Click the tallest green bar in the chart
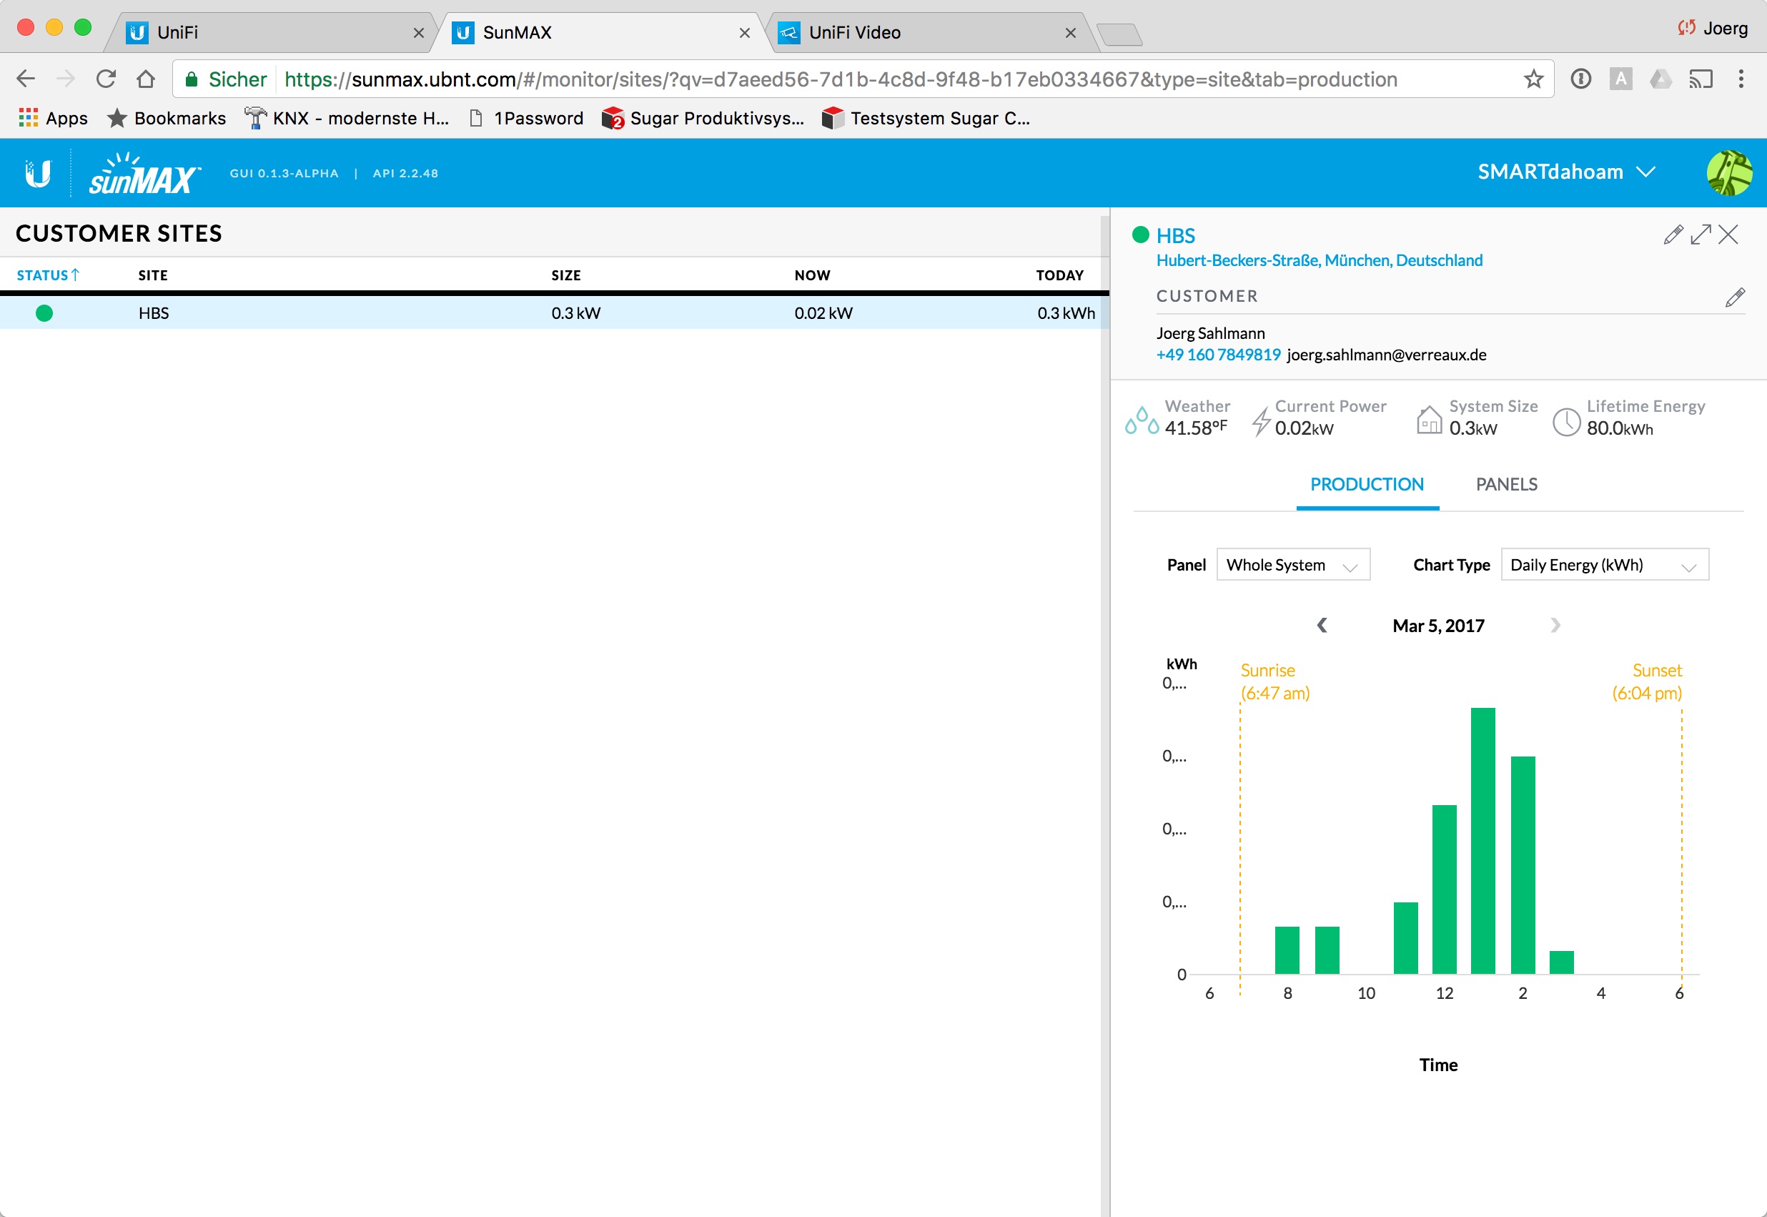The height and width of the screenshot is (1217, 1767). click(1483, 840)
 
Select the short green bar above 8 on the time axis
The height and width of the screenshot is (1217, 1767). click(1287, 950)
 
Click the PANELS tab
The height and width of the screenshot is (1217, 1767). click(1506, 484)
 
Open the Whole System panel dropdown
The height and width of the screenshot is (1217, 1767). click(1293, 564)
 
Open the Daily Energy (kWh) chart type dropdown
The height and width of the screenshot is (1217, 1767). click(1605, 564)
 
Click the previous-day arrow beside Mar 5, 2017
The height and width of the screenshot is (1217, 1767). click(1322, 625)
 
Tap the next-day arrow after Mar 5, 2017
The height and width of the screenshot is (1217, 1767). click(1555, 625)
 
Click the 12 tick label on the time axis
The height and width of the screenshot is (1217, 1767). click(1445, 992)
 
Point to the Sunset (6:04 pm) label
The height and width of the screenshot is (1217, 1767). click(1647, 681)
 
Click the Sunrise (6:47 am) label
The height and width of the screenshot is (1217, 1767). click(1274, 681)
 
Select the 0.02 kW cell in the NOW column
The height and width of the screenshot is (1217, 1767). click(823, 312)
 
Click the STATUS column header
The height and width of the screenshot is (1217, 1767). click(47, 275)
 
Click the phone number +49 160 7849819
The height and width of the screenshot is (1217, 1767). click(1218, 355)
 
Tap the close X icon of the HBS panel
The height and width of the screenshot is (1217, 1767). click(1728, 234)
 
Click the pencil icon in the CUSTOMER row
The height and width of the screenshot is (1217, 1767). click(1735, 297)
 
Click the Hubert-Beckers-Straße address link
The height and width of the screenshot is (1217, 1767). click(1319, 260)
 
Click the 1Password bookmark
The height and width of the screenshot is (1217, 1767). click(528, 118)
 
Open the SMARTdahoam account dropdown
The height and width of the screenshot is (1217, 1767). click(1565, 172)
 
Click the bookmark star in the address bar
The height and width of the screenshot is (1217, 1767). click(1533, 79)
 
